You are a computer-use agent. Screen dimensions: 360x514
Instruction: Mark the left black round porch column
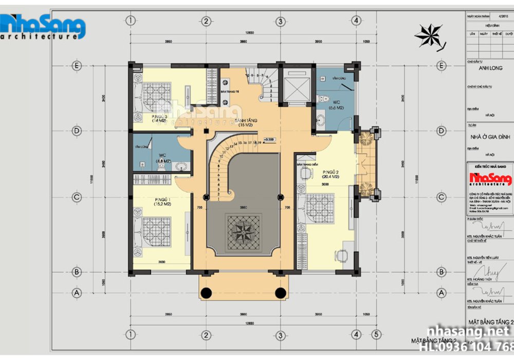[x=206, y=293]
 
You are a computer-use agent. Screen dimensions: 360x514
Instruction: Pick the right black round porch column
[x=280, y=293]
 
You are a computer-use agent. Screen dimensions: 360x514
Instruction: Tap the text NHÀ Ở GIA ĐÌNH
[x=490, y=137]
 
